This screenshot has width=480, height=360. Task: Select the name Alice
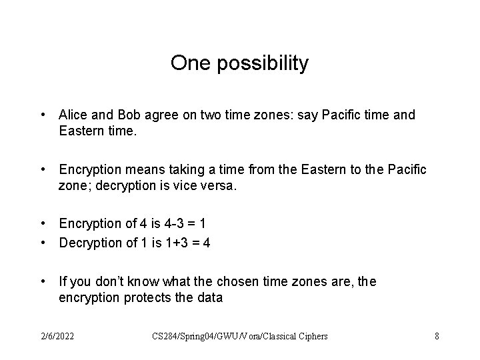pos(74,115)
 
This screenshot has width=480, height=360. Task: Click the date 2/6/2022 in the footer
pos(57,336)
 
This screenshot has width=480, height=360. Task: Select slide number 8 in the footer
pos(437,336)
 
